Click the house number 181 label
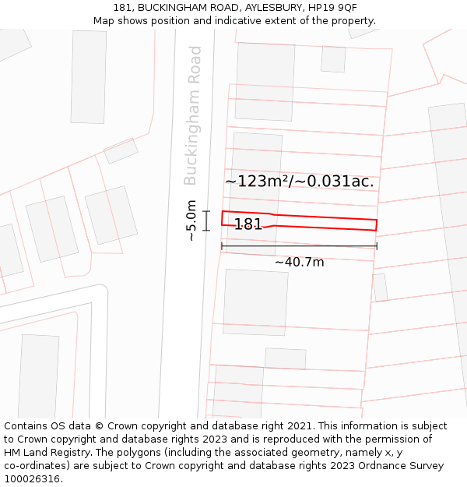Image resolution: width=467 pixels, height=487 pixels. click(x=248, y=224)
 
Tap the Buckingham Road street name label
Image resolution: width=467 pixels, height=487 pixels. click(x=192, y=115)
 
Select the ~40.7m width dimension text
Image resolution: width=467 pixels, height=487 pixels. click(x=299, y=263)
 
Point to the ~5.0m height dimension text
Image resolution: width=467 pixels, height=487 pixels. click(x=191, y=221)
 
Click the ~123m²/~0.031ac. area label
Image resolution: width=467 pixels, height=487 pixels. click(x=300, y=182)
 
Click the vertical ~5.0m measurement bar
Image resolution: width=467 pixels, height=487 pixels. click(x=206, y=221)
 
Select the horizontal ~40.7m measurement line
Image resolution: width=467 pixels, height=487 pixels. click(x=299, y=246)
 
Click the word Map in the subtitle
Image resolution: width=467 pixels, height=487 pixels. click(x=104, y=21)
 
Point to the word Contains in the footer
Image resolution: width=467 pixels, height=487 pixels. click(x=26, y=426)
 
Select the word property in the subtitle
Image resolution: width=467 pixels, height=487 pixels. click(x=353, y=21)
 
